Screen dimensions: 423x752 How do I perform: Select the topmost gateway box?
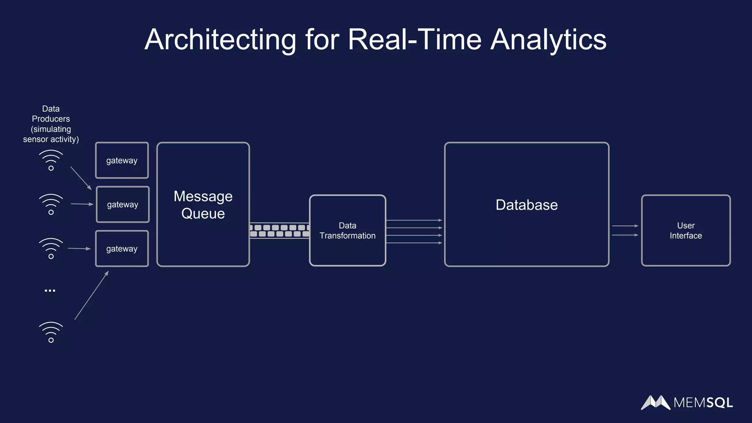(x=122, y=160)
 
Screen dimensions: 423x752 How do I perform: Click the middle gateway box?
(x=123, y=205)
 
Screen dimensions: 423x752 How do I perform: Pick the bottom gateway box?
(x=122, y=249)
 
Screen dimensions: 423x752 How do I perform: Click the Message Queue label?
(x=203, y=205)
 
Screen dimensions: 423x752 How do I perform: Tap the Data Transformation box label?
(x=347, y=231)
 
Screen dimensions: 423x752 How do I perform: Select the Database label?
(x=527, y=205)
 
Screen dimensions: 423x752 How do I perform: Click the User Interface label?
(x=686, y=231)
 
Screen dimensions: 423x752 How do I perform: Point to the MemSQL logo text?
(x=703, y=403)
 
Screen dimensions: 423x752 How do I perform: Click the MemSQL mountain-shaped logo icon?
(x=655, y=402)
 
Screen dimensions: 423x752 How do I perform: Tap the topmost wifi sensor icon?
(x=51, y=160)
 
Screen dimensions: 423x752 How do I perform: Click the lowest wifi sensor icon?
(x=51, y=332)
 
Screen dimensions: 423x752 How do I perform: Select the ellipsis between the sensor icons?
(x=50, y=290)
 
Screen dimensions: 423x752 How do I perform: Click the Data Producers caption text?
(x=51, y=124)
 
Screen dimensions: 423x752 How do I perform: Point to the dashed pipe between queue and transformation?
(x=279, y=231)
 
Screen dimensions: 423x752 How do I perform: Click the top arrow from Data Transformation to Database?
(x=414, y=220)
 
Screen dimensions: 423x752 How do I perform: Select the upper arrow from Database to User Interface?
(x=625, y=226)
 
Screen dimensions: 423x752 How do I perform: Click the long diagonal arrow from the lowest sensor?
(x=91, y=296)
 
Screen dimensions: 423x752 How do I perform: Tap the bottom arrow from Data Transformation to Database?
(x=414, y=243)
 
